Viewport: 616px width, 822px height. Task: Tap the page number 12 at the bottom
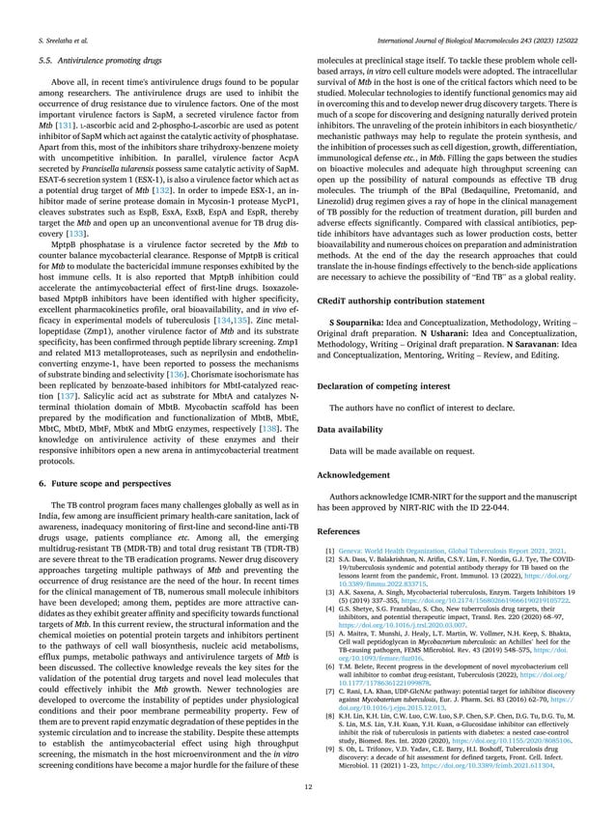tap(307, 786)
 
